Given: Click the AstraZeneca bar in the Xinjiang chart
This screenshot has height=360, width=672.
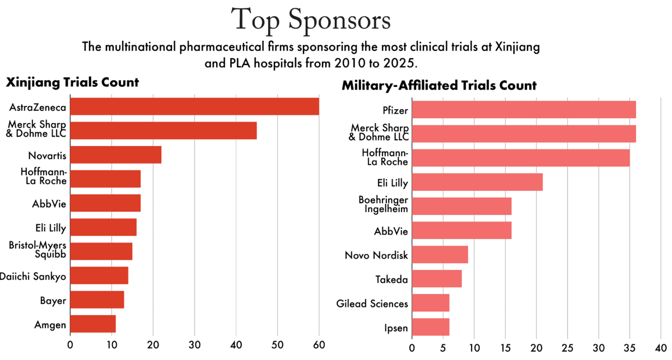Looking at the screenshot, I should [x=194, y=106].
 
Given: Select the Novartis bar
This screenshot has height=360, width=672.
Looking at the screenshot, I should [x=116, y=155].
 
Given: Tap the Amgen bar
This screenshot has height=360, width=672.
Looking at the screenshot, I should [x=93, y=324].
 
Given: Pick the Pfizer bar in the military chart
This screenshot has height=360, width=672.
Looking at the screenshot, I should [x=524, y=110].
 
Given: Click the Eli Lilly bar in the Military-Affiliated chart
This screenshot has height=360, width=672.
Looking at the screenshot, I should [x=477, y=183].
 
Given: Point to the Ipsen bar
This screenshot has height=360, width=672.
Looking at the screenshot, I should [x=431, y=327].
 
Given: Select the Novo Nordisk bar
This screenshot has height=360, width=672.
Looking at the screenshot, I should [x=440, y=255].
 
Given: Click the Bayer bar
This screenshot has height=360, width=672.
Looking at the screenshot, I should [x=97, y=300].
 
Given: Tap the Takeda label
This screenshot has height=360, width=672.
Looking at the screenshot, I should [x=391, y=279].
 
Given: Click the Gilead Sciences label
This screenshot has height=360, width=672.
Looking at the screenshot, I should [x=372, y=303].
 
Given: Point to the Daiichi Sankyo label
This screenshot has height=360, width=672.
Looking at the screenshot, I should [x=33, y=275].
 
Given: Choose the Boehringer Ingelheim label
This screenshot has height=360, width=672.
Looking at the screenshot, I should [x=384, y=204].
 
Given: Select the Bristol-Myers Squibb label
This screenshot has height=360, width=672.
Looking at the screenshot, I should [x=38, y=250].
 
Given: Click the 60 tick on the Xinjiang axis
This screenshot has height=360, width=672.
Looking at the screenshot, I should [x=319, y=345].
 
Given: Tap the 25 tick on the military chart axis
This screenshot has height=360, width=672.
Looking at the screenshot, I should [x=568, y=347].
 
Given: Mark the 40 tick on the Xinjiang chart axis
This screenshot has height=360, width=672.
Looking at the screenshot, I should [x=236, y=345].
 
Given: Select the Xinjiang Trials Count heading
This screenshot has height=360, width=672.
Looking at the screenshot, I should [x=72, y=83].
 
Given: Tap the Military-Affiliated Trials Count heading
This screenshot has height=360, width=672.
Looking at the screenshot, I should [x=439, y=86].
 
